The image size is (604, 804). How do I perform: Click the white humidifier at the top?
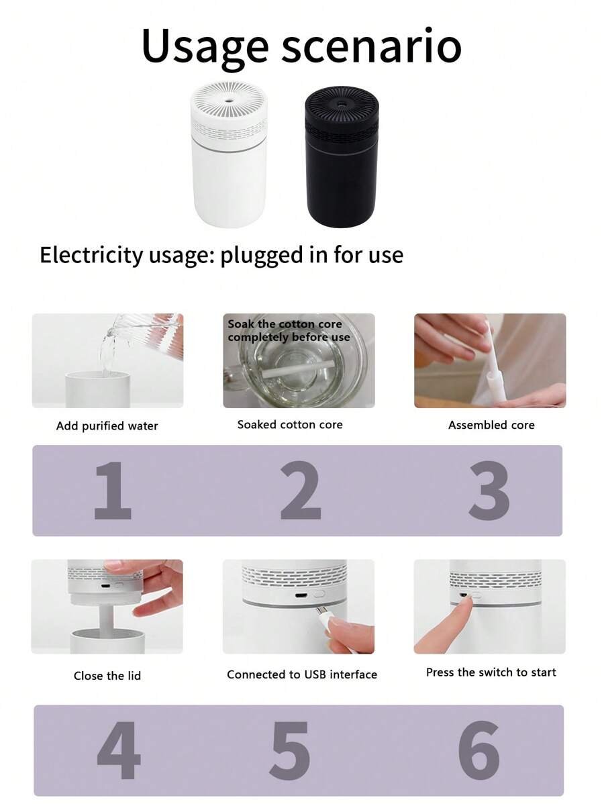point(229,155)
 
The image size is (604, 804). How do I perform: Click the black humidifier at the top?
point(342,156)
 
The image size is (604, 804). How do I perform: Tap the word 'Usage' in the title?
point(205,47)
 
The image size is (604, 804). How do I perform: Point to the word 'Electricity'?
point(91,255)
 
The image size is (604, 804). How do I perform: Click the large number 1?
point(113,490)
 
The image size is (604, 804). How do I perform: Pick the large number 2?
point(301,490)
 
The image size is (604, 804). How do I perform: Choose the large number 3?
point(489,491)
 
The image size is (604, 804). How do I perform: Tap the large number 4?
point(118,750)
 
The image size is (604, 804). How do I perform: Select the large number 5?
point(290,750)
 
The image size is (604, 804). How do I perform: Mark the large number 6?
point(479,750)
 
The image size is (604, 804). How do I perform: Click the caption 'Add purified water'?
point(107,426)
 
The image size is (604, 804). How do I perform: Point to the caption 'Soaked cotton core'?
point(290,425)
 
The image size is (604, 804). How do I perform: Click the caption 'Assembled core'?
point(491,425)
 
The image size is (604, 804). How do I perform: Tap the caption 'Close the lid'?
point(107,676)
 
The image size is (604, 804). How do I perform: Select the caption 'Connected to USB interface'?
point(302,674)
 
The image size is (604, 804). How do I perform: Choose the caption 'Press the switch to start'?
point(491,672)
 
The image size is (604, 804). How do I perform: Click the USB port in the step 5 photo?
point(301,596)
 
